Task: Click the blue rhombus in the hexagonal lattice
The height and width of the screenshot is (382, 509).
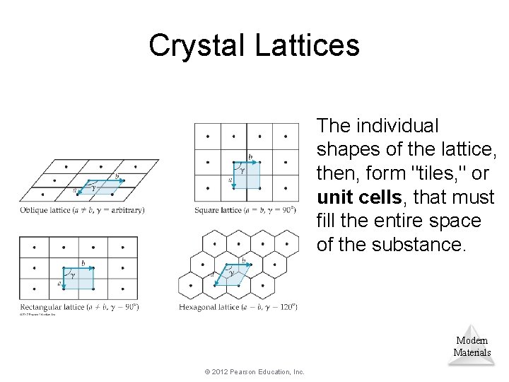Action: pos(233,274)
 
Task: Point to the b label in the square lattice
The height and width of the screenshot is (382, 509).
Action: pos(250,156)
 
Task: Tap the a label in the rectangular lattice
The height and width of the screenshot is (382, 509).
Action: pos(59,283)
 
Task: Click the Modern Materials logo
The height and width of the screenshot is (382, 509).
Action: pos(472,346)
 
